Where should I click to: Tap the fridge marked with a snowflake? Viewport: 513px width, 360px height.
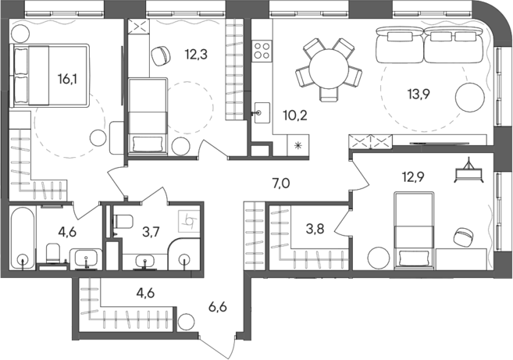point(298,145)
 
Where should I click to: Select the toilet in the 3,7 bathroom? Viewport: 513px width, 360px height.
point(116,225)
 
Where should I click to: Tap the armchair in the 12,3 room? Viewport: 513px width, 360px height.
point(160,56)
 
